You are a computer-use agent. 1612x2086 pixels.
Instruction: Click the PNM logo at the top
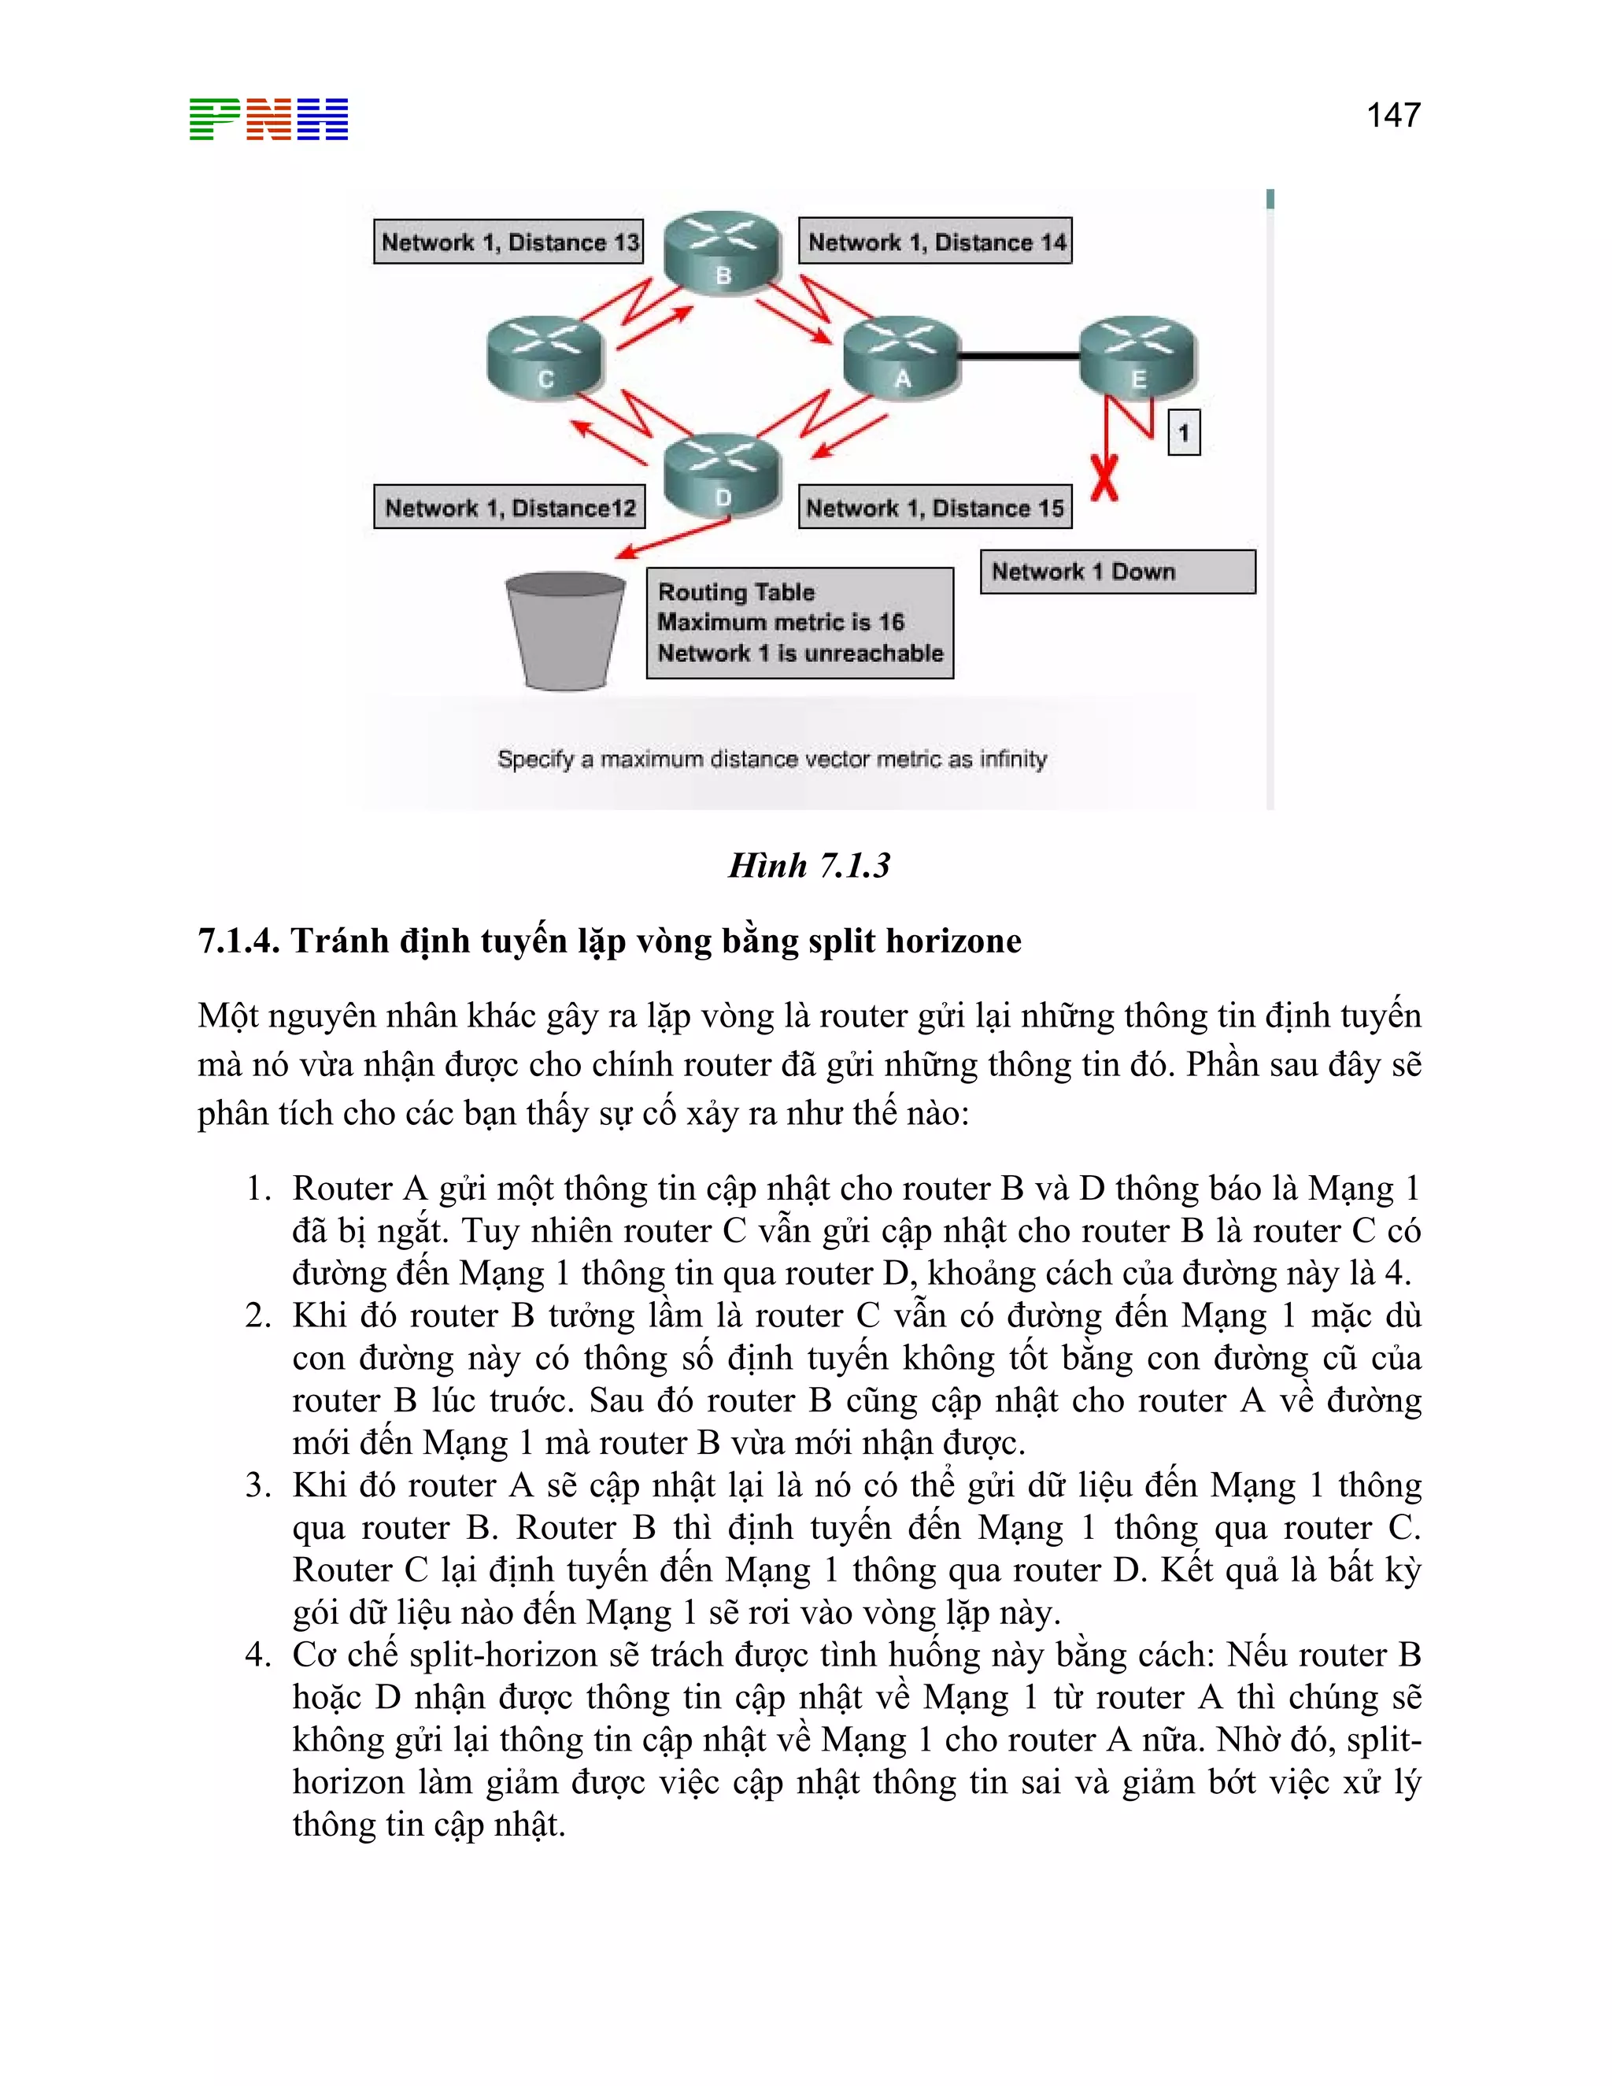[268, 120]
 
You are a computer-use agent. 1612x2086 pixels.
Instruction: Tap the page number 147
[1392, 116]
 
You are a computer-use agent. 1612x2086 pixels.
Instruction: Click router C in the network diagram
[545, 358]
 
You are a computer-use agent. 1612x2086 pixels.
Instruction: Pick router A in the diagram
[901, 357]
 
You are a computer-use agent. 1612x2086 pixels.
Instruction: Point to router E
[1137, 357]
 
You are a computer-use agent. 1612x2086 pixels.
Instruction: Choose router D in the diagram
[723, 475]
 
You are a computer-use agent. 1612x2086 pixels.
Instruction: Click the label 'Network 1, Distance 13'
[508, 242]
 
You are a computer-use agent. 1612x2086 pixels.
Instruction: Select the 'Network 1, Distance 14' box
[935, 242]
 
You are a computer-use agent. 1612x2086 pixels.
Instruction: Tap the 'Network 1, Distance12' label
[509, 507]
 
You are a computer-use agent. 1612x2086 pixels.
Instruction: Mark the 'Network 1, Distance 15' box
[934, 507]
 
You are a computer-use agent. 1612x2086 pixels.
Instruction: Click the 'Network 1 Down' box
[1118, 572]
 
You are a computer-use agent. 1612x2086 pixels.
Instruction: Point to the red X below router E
[1105, 478]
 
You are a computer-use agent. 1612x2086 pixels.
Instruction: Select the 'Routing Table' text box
[800, 623]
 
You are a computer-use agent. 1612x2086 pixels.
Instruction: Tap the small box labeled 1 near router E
[1183, 434]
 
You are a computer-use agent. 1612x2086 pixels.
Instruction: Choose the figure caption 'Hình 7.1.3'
[809, 865]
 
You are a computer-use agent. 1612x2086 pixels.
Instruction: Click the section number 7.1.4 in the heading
[238, 941]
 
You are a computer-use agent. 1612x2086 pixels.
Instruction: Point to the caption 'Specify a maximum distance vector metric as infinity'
[771, 760]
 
